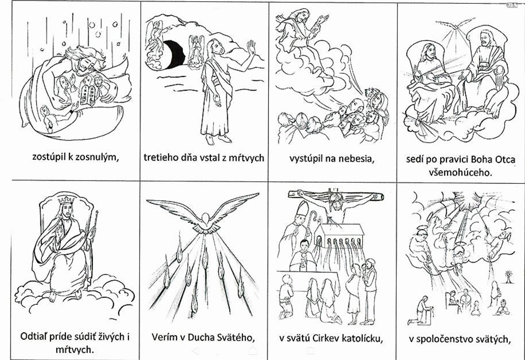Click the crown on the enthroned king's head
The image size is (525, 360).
66,200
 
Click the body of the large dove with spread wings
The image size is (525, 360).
205,222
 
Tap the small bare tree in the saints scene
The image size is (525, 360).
508,277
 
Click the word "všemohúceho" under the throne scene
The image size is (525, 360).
460,172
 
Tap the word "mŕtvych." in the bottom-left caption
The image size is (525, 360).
74,350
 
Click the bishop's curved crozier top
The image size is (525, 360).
313,215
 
